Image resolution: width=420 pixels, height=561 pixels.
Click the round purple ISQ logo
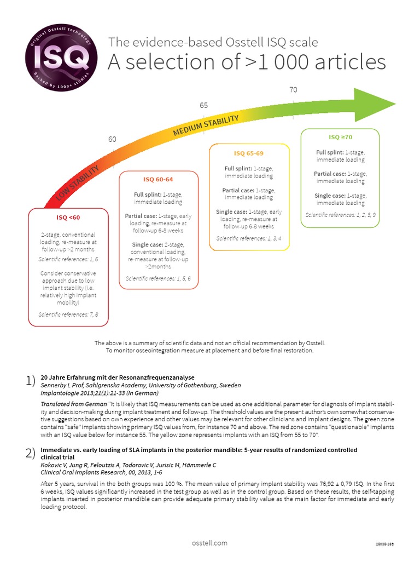pos(61,56)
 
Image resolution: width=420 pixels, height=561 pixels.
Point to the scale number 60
pos(112,140)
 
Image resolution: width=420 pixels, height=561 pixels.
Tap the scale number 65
pos(203,105)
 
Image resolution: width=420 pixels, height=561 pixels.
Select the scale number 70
pos(293,89)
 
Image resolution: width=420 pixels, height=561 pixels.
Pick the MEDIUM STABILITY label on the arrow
pos(206,126)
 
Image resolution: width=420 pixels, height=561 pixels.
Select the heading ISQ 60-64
pos(158,179)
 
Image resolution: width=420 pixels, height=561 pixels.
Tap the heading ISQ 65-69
pos(249,153)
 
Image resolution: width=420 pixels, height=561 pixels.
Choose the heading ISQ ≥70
pos(340,137)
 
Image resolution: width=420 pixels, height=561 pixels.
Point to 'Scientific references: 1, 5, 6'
pos(158,278)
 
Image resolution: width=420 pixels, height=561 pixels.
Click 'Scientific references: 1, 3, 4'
pos(249,238)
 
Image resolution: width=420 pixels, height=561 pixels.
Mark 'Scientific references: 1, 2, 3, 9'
pos(340,214)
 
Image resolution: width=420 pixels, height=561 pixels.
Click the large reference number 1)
pos(31,381)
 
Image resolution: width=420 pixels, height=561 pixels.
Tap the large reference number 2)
pos(31,453)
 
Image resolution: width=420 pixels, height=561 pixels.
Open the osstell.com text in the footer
pos(209,543)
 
